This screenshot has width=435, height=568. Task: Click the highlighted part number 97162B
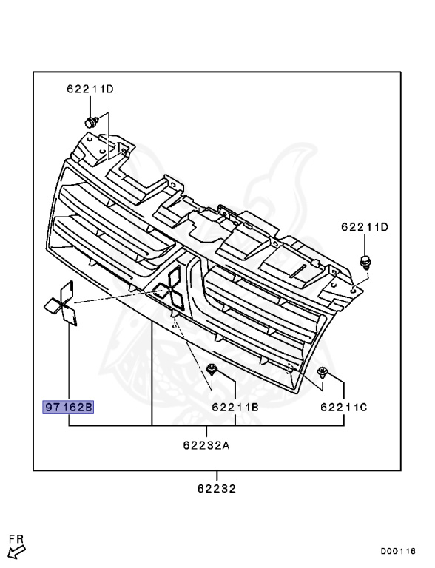pyautogui.click(x=68, y=408)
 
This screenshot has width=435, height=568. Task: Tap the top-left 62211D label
pyautogui.click(x=90, y=89)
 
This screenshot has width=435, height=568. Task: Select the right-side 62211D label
pyautogui.click(x=364, y=227)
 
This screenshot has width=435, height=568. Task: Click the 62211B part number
pyautogui.click(x=235, y=408)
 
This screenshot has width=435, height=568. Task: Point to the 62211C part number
pyautogui.click(x=344, y=408)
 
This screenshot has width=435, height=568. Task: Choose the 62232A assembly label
pyautogui.click(x=206, y=445)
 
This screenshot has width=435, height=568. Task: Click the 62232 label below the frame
pyautogui.click(x=217, y=489)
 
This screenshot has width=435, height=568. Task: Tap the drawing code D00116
pyautogui.click(x=398, y=551)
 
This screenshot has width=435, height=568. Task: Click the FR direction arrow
pyautogui.click(x=17, y=552)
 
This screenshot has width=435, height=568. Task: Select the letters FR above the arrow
pyautogui.click(x=16, y=539)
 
